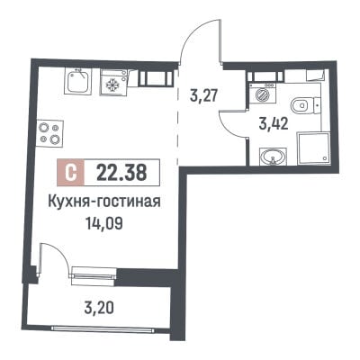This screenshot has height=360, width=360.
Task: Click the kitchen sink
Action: pyautogui.click(x=77, y=82)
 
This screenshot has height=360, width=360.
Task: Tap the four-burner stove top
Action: pyautogui.click(x=50, y=133)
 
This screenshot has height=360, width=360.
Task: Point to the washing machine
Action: pyautogui.click(x=263, y=94)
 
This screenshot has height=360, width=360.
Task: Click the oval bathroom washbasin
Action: pyautogui.click(x=273, y=157)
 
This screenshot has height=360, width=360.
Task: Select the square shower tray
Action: pyautogui.click(x=314, y=148)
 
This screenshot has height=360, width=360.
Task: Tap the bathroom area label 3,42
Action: pyautogui.click(x=274, y=123)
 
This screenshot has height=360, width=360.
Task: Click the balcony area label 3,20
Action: pyautogui.click(x=99, y=307)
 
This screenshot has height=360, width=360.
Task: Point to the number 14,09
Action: pyautogui.click(x=104, y=223)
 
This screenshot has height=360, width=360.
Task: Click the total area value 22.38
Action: pyautogui.click(x=121, y=173)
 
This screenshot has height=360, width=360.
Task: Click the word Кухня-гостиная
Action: pyautogui.click(x=104, y=202)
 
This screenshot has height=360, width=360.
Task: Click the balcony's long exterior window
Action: pyautogui.click(x=103, y=328)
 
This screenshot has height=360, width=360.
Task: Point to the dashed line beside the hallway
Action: pyautogui.click(x=177, y=116)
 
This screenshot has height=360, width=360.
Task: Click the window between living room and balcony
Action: pyautogui.click(x=93, y=275)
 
